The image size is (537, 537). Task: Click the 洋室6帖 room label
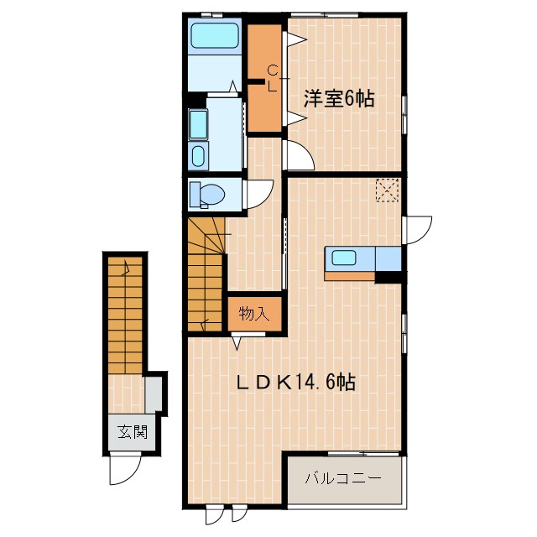tap(339, 99)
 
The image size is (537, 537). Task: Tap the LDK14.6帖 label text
tap(295, 383)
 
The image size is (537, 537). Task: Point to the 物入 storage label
tap(253, 315)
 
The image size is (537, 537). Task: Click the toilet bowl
tap(206, 195)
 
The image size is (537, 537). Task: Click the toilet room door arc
tap(258, 196)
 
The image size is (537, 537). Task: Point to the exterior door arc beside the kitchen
tap(418, 228)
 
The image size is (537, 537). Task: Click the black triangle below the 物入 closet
tap(237, 341)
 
